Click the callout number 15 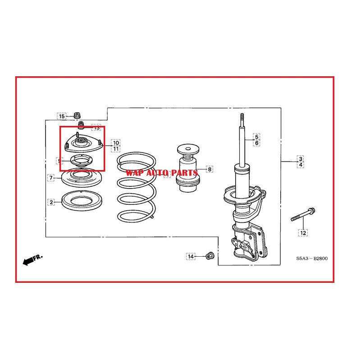(61, 116)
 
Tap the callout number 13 (96, 128)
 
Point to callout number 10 (116, 143)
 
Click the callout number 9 (59, 161)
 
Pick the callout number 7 (51, 178)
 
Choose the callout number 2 (51, 202)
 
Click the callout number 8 (209, 169)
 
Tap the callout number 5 (256, 137)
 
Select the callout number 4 (300, 165)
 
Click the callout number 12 (303, 233)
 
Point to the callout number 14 (191, 256)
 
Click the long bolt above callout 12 (302, 215)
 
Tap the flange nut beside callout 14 (209, 256)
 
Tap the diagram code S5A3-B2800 (312, 259)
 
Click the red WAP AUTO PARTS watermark (162, 173)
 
